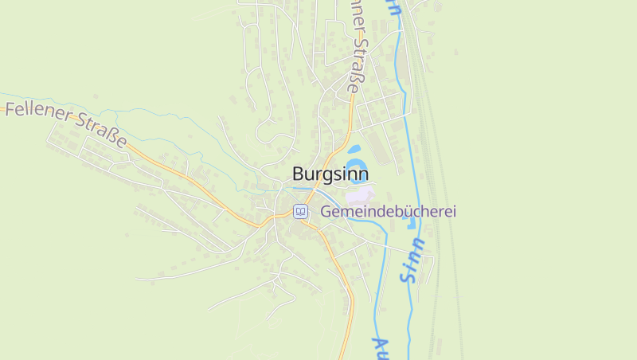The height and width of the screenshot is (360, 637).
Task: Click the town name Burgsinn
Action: (330, 174)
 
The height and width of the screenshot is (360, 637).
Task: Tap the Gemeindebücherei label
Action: (388, 212)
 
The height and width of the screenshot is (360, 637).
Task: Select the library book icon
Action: (300, 211)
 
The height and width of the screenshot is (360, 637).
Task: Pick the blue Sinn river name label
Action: (413, 260)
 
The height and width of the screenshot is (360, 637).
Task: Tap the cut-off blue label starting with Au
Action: (380, 347)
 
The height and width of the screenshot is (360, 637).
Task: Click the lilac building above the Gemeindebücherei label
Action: (359, 194)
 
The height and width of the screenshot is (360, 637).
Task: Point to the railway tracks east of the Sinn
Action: (446, 239)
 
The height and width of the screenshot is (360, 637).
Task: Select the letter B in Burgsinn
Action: (298, 174)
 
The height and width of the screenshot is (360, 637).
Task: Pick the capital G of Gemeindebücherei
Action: (326, 212)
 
